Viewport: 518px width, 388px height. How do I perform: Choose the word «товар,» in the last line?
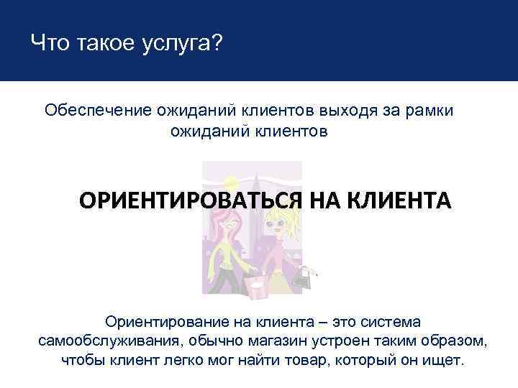tap(323, 359)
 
